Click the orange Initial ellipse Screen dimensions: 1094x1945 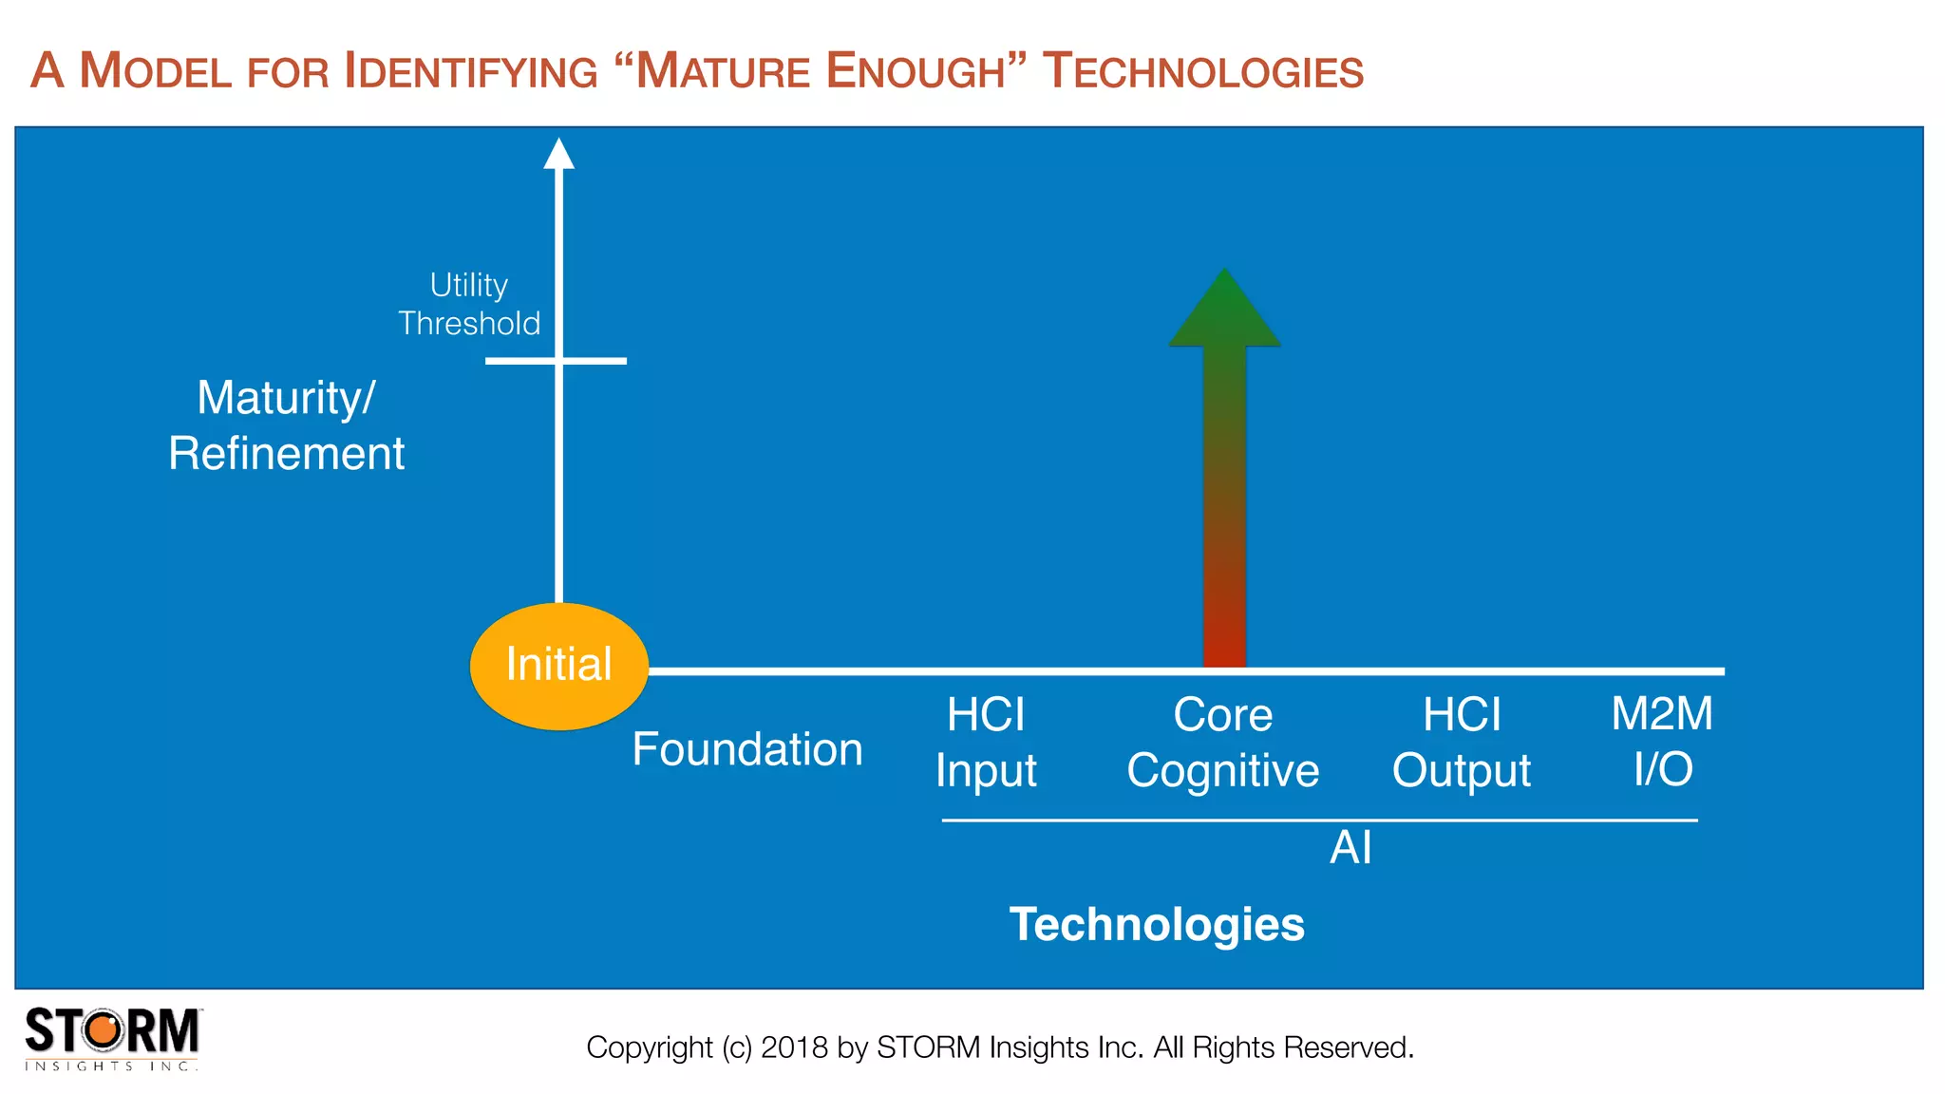click(x=558, y=666)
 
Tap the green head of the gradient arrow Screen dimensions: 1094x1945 click(x=1224, y=313)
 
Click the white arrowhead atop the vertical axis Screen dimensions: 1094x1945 click(x=558, y=154)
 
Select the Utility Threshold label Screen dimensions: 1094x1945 click(x=469, y=304)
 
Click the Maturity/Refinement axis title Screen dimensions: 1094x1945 click(x=286, y=424)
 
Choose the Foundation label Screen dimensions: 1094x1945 click(x=747, y=749)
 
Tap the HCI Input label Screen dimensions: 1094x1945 click(x=986, y=742)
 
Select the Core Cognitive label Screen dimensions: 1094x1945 click(x=1222, y=742)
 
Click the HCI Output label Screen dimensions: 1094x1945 click(x=1461, y=742)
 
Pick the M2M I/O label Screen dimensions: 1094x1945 click(x=1662, y=741)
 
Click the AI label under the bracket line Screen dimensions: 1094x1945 click(x=1350, y=847)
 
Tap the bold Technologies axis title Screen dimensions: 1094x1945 click(x=1157, y=924)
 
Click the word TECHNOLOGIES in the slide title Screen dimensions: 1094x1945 click(x=1202, y=71)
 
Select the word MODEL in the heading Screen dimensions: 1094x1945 click(x=156, y=71)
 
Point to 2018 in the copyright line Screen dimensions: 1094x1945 click(x=794, y=1047)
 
